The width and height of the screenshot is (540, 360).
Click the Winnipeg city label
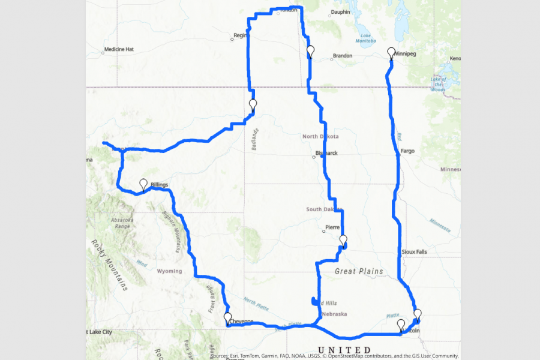tap(406, 54)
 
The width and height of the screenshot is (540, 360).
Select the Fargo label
tap(407, 151)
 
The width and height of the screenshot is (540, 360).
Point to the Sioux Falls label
tap(415, 252)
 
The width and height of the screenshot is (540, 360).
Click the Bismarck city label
tap(328, 153)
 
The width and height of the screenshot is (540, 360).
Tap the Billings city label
tap(160, 185)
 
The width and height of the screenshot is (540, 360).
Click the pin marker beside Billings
tap(143, 184)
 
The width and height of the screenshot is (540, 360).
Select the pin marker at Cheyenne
tap(227, 318)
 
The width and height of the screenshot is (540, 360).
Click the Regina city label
tap(241, 35)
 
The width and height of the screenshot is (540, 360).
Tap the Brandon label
tap(343, 56)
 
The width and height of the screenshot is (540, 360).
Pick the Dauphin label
tap(340, 11)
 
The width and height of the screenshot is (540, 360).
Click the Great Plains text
tap(358, 272)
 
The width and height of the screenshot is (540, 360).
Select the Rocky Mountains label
tap(109, 265)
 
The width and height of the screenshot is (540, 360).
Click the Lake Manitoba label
tap(365, 38)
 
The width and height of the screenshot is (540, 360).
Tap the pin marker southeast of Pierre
tap(343, 241)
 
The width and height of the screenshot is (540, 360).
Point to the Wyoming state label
tap(169, 271)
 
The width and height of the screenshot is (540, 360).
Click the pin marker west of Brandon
tap(310, 51)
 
